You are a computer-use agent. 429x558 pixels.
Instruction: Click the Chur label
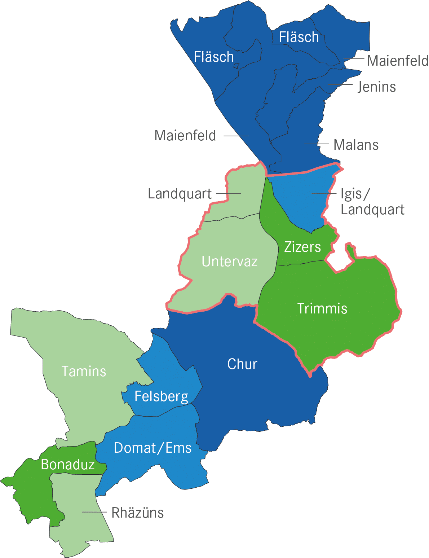[242, 364]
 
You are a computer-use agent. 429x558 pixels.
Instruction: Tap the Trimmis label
[322, 309]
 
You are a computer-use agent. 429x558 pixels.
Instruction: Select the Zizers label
[302, 247]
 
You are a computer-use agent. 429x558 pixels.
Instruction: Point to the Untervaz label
[230, 262]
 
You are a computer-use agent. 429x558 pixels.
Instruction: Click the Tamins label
[84, 372]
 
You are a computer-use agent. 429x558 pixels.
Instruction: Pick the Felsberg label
[161, 396]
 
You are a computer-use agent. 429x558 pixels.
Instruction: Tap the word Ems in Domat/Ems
[178, 448]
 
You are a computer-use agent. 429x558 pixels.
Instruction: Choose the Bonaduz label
[68, 465]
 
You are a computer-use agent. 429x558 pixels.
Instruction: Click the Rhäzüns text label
[138, 513]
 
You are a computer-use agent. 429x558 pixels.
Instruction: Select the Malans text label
[356, 145]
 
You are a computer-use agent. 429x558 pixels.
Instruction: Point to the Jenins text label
[377, 87]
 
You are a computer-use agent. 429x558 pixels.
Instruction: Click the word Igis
[351, 194]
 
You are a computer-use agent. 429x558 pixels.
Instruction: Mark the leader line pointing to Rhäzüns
[94, 512]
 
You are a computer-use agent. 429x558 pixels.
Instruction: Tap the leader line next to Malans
[317, 144]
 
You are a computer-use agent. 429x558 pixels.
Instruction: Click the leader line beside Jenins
[340, 85]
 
